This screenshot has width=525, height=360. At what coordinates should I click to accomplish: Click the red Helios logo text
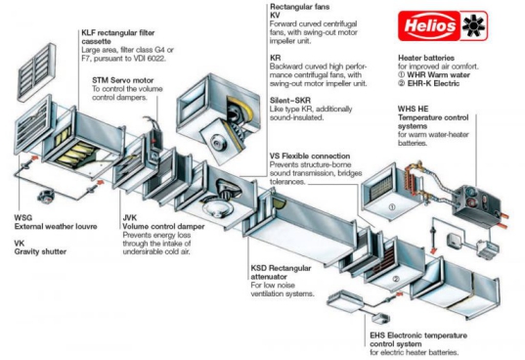click(430, 25)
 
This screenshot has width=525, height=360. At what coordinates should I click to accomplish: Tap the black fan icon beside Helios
click(473, 25)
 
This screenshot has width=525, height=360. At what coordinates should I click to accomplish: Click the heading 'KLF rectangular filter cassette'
click(118, 37)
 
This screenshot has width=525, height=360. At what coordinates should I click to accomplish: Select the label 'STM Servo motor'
click(123, 80)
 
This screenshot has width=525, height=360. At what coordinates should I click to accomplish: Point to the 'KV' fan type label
click(275, 16)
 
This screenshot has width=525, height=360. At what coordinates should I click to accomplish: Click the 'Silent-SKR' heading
click(290, 100)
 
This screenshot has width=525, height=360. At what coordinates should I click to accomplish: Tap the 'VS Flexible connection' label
click(310, 157)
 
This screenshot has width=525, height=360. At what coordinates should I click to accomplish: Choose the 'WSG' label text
click(23, 218)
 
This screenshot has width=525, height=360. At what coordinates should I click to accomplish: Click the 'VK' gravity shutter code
click(20, 244)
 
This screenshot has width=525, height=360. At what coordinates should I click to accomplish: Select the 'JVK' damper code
click(130, 218)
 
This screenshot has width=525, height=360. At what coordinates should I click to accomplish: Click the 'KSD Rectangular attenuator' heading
click(281, 273)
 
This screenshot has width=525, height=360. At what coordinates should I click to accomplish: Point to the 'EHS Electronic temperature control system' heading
click(418, 339)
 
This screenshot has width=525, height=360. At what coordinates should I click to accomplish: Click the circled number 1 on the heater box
click(391, 207)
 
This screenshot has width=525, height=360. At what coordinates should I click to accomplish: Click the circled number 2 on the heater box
click(396, 279)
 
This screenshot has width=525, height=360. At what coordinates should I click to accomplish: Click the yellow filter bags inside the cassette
click(74, 150)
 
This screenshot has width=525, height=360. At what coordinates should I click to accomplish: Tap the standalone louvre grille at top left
click(36, 72)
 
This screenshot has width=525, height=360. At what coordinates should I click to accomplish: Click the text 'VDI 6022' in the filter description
click(149, 59)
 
